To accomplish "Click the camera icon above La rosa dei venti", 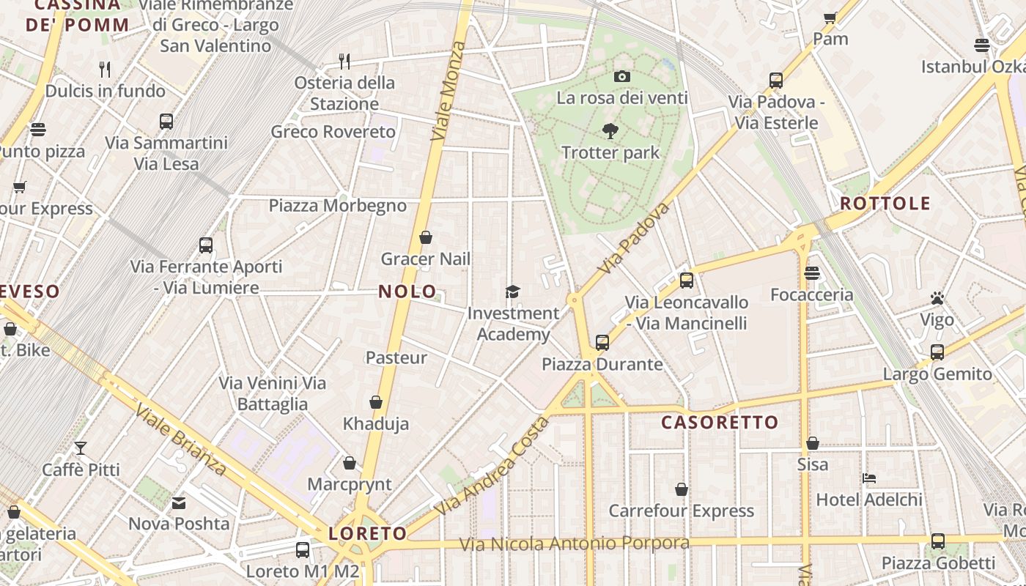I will click(x=621, y=76).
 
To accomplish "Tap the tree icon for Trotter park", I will click(x=610, y=132).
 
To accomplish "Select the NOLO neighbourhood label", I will click(x=407, y=292).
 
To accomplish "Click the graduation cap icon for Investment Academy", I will click(x=512, y=292).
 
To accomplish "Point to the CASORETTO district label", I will click(x=720, y=423).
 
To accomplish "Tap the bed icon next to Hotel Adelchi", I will click(x=869, y=478).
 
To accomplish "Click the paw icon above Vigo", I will click(x=937, y=298).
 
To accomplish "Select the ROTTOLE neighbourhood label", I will click(x=885, y=204).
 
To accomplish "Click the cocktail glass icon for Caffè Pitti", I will click(x=81, y=448).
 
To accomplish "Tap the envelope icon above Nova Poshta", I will click(x=179, y=502).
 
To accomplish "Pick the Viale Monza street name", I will click(x=449, y=92).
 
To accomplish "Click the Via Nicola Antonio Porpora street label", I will click(x=574, y=544).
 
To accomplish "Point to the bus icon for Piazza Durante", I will click(x=602, y=342).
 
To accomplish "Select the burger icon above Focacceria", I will click(x=811, y=273).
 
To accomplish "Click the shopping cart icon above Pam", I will click(x=830, y=18).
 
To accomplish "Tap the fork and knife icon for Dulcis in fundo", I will click(x=106, y=70).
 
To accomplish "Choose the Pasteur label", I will click(x=396, y=357).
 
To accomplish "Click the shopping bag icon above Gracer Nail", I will click(x=426, y=237).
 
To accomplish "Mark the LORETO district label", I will click(x=368, y=533).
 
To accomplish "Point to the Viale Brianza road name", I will click(x=180, y=439).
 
